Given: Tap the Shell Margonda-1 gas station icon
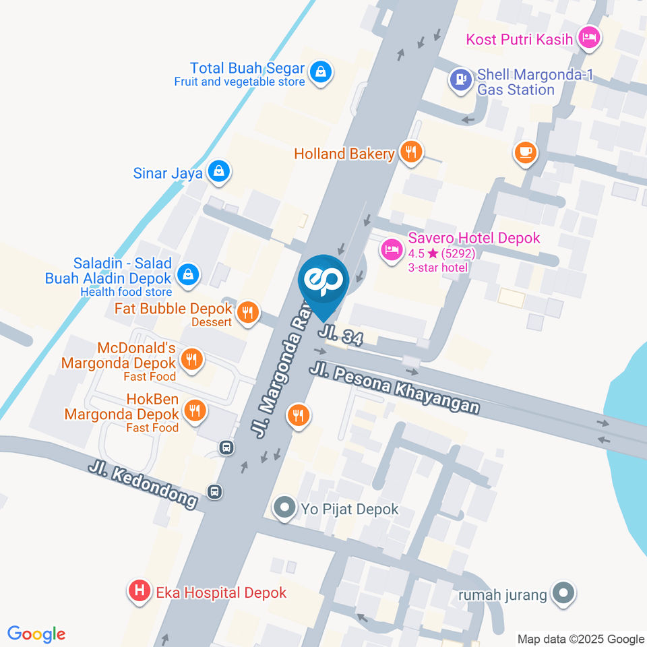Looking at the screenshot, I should click(461, 80).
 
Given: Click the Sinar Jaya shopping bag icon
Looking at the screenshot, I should click(219, 172).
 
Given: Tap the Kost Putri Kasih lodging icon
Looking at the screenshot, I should click(590, 38).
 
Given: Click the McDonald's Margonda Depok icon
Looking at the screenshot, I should click(193, 360).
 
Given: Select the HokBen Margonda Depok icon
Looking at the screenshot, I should click(195, 410).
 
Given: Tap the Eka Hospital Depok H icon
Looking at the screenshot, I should click(139, 592).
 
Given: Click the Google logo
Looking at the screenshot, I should click(36, 634).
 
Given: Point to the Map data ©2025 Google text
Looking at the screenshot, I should click(580, 639).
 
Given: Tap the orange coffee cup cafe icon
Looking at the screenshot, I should click(526, 153).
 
